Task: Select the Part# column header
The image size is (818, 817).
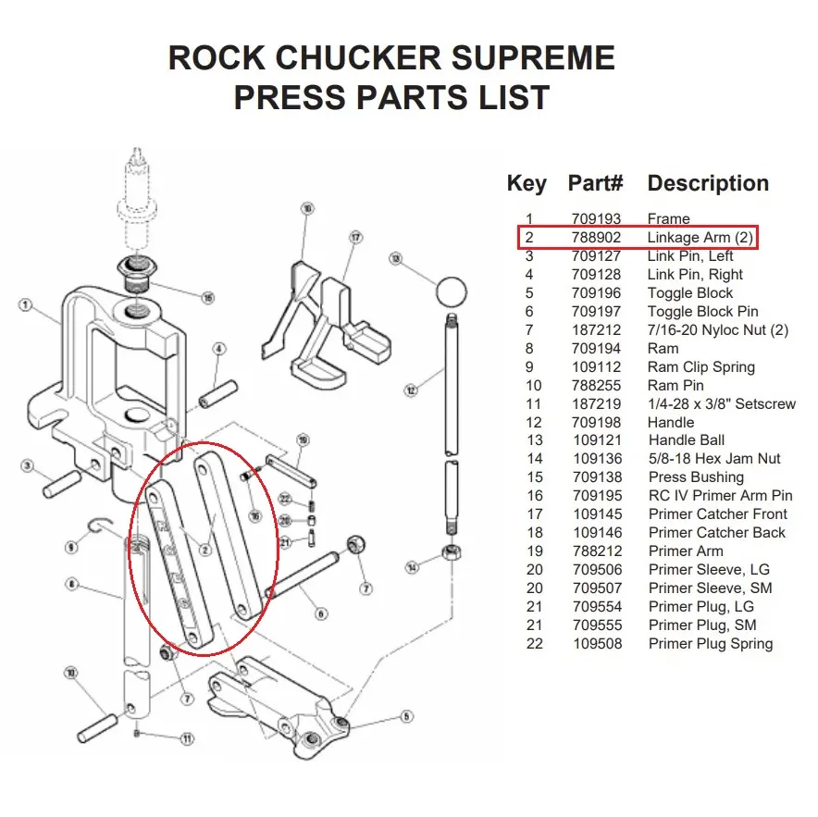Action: click(x=596, y=183)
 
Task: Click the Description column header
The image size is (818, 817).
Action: click(x=708, y=183)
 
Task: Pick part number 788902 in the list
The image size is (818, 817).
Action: click(x=597, y=238)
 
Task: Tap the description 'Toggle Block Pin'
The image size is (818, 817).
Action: click(x=702, y=312)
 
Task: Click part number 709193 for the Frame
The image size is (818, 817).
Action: click(x=597, y=219)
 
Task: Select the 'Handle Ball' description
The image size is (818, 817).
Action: click(x=687, y=440)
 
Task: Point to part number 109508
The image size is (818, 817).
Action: click(x=597, y=644)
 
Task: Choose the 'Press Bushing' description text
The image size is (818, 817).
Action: click(x=696, y=477)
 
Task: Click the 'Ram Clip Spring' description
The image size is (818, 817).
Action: click(x=700, y=367)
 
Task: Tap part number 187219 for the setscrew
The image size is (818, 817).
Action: click(x=597, y=403)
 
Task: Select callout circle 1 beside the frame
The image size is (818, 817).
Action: click(x=25, y=304)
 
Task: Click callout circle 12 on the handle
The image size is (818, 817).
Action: click(x=410, y=391)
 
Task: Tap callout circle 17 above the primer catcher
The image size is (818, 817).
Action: click(x=354, y=238)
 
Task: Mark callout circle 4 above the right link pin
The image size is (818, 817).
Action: click(x=219, y=349)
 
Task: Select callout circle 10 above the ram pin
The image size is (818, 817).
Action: click(x=71, y=673)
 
